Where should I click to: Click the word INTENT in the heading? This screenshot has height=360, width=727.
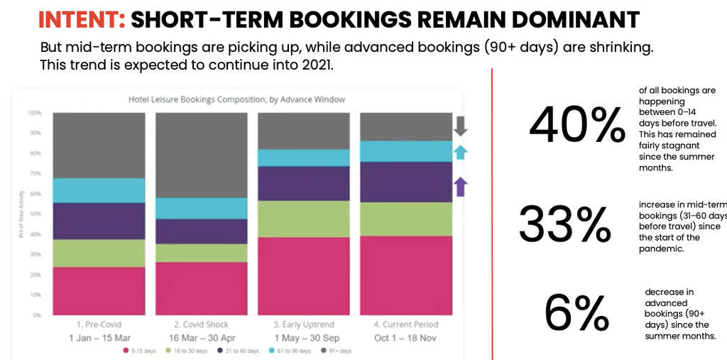pos(81,19)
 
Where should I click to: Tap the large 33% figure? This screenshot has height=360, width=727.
pos(565,224)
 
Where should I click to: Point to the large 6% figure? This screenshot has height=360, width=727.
pos(576,312)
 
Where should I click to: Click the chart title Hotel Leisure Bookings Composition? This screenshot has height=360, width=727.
pos(236,99)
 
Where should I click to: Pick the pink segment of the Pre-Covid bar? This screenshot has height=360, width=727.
pos(99,290)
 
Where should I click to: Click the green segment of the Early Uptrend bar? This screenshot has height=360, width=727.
pos(303,219)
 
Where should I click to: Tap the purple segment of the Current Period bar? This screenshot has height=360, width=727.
pos(405,182)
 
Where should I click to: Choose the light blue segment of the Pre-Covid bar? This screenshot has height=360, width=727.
pos(99,190)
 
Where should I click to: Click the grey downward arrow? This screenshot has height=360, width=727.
pos(460,126)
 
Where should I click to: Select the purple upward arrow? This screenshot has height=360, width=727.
pos(460,187)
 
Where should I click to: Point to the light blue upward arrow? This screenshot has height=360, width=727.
pos(460,152)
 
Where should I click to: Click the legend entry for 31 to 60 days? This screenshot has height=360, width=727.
pos(242,351)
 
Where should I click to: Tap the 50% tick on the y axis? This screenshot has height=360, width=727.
pos(34,214)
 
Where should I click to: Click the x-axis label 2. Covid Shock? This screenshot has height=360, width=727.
pos(201,324)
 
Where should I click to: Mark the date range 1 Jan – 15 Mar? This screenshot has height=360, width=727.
pos(99,338)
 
